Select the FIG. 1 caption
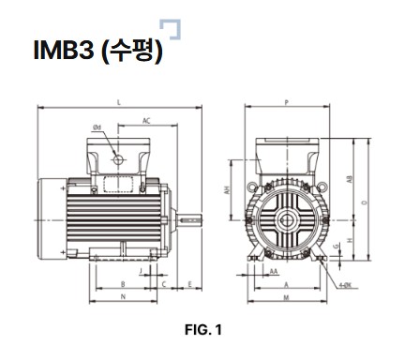(202, 330)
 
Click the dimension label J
(140, 269)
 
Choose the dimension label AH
(227, 189)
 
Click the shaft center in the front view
(286, 220)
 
